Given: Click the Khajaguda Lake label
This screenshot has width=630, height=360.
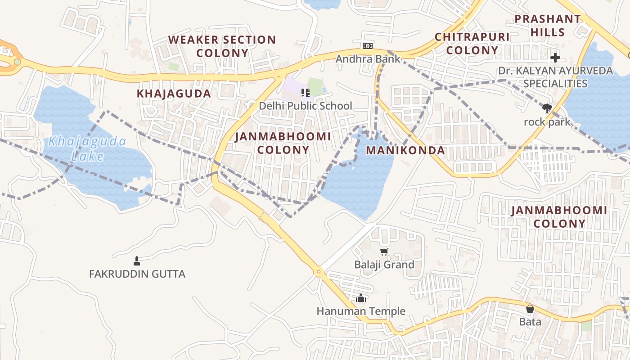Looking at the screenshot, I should coord(87,148).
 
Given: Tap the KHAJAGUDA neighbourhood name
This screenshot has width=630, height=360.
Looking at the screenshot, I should coord(174,94).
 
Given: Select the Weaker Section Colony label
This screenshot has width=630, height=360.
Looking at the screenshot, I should coord(222,46).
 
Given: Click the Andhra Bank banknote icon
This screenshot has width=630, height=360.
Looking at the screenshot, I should coord(368,45).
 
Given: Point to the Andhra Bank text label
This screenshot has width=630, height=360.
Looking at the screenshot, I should coord(368,59).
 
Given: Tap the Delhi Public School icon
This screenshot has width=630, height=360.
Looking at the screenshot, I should coord(306,93).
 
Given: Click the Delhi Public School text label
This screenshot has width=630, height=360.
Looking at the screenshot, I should coord(306,106).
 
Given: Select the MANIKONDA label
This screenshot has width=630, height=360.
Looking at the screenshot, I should coord(405,150).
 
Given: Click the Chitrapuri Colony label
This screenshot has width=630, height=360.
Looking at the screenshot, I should coord(472,44).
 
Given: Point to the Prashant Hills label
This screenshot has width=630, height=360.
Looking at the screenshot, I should coord(548,25).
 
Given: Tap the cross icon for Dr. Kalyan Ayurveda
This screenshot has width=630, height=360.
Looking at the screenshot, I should coord(555,58).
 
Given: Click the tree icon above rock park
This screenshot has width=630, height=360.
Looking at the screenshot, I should coord(547,108).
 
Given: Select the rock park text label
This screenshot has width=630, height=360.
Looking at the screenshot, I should coord(547,122).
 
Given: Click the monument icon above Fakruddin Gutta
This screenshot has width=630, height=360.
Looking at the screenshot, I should coord(137,261).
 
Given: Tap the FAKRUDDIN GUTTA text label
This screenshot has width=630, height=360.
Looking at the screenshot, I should coord(137,274).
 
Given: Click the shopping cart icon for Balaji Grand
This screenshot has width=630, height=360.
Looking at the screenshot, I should coord(384,252).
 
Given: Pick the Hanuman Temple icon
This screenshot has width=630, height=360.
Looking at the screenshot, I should coord(360,298).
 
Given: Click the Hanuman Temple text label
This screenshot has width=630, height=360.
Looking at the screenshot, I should coord(361,311).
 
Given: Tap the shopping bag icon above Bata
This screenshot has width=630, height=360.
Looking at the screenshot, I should coord(530,309).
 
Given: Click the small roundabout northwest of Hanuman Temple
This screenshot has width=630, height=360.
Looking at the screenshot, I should coord(319,271).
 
